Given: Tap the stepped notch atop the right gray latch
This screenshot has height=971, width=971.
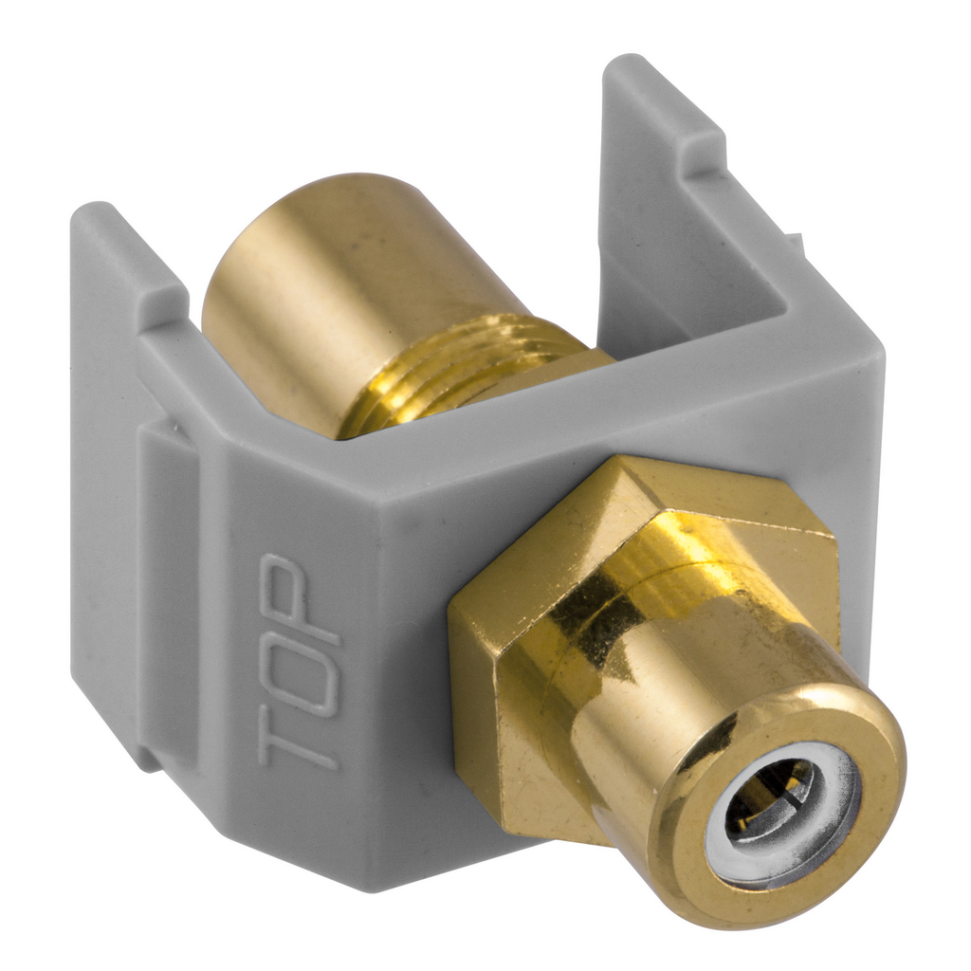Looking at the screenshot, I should click(x=706, y=142).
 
